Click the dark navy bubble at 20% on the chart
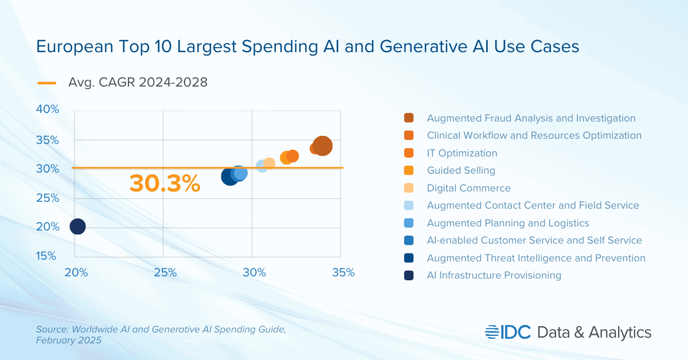click(77, 226)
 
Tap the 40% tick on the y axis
click(48, 109)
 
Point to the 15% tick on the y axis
click(48, 256)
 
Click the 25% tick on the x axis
click(165, 272)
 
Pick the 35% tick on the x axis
click(343, 272)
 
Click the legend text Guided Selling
click(461, 170)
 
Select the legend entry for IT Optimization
click(462, 153)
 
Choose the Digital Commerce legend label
click(468, 188)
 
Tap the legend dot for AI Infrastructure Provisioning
click(409, 275)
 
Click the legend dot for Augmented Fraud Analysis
click(409, 118)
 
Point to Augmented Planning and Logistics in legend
click(508, 223)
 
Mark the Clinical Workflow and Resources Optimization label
click(534, 135)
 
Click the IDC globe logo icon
click(492, 332)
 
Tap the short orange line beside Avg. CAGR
click(47, 83)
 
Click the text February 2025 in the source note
click(68, 341)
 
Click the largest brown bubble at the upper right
click(322, 146)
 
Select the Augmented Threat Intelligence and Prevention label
click(536, 258)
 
